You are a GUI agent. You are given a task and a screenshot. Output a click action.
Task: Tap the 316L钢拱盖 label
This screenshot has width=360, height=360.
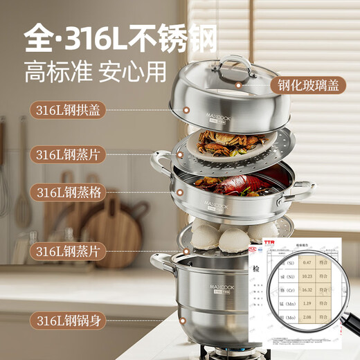pyautogui.click(x=67, y=109)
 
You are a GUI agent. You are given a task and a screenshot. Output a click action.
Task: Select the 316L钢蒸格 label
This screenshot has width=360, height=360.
pyautogui.click(x=67, y=192)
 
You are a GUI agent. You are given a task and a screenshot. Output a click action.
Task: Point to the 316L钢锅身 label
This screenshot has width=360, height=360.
pyautogui.click(x=67, y=319)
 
